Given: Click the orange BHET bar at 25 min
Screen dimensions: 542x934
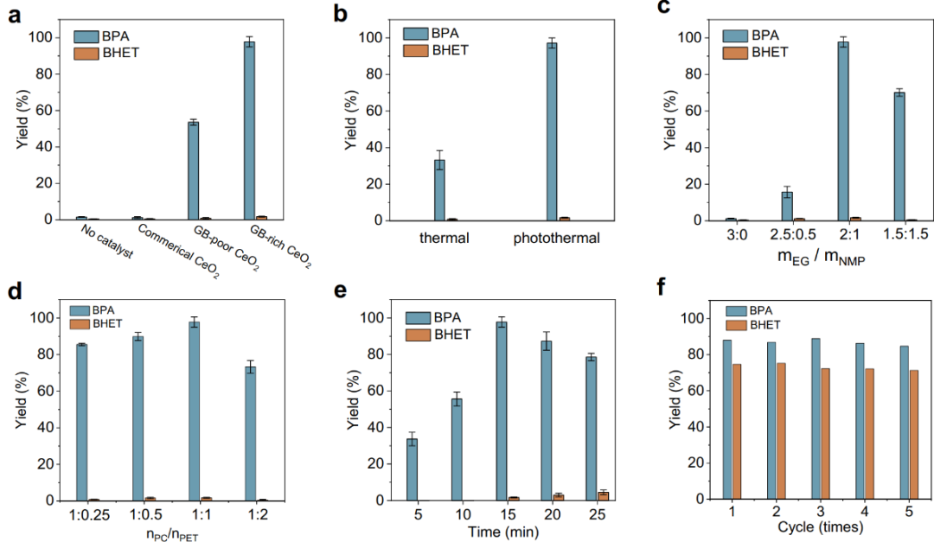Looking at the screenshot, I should click(x=604, y=496).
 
